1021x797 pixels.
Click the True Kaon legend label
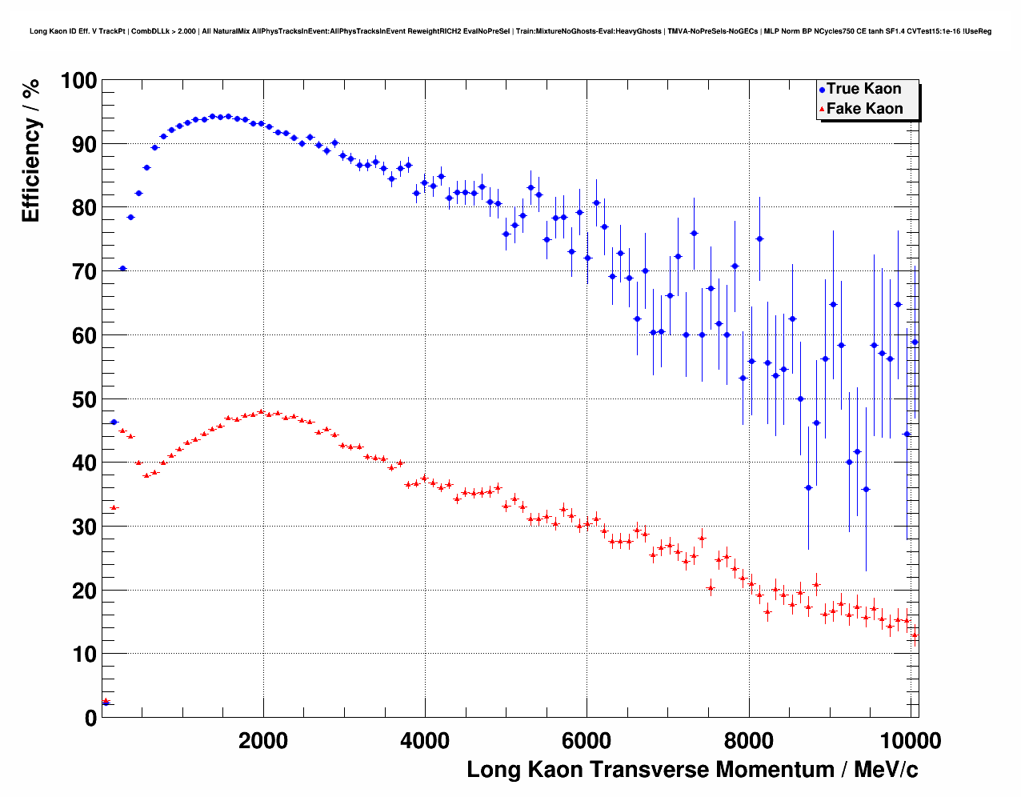tap(864, 89)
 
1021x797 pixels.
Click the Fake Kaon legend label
tap(864, 109)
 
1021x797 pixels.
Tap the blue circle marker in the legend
tap(822, 90)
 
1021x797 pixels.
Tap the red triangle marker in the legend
tap(822, 110)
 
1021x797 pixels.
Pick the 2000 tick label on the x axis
tap(263, 741)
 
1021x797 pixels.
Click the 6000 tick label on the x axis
tap(587, 741)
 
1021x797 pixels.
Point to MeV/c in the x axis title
tap(886, 770)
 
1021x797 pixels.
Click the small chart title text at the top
tap(510, 31)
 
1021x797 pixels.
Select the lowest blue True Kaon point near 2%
tap(106, 703)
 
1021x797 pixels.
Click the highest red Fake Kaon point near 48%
tap(261, 412)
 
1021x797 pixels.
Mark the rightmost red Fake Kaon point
tap(915, 636)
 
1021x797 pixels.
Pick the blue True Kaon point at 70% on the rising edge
tap(122, 269)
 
